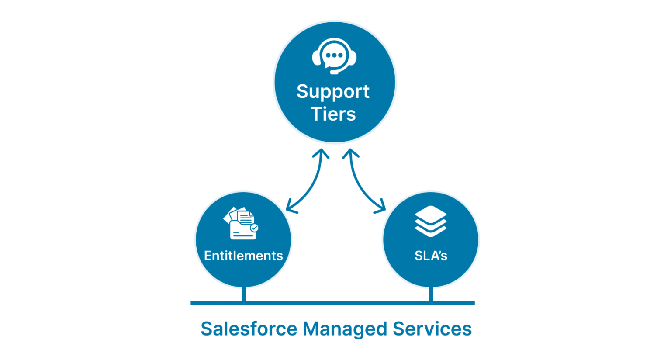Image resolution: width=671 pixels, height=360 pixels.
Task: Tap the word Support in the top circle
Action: click(333, 92)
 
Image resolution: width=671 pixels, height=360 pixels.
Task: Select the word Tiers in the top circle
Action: click(333, 114)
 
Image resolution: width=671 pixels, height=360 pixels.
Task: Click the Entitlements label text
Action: click(243, 256)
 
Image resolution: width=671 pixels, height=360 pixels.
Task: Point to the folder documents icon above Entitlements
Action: click(241, 223)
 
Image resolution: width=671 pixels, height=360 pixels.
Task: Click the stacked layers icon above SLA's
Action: click(431, 221)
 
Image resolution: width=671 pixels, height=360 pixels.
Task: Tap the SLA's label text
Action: click(431, 256)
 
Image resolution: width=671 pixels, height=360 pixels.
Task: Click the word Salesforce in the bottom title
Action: click(249, 329)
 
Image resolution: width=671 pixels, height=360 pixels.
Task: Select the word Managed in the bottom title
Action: click(345, 329)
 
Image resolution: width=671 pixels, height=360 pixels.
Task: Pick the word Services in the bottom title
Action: click(432, 329)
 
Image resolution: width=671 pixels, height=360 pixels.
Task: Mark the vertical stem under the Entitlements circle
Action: click(243, 294)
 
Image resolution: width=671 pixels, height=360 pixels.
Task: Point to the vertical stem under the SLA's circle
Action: click(431, 294)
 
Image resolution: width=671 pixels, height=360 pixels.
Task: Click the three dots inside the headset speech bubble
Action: click(335, 55)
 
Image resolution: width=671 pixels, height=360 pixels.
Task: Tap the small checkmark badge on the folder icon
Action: click(254, 228)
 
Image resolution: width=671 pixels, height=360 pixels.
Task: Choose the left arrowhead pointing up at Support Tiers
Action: click(322, 153)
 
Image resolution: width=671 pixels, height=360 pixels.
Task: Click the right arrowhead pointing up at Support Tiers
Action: click(350, 153)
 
